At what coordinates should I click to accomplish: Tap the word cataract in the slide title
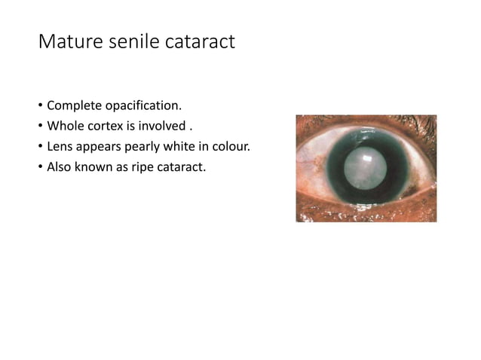200,41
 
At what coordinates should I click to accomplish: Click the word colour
231,145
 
